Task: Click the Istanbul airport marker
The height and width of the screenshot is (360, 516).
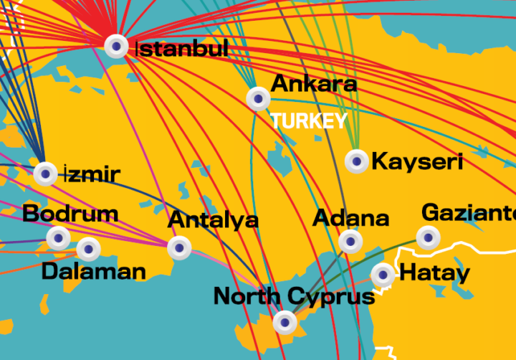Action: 117,46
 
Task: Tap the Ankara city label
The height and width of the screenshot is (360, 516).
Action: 313,83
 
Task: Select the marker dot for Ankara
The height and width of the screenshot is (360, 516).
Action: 258,98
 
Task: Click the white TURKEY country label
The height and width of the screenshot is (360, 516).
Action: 309,120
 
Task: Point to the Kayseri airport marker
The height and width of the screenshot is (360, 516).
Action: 356,161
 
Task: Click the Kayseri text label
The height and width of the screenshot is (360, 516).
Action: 417,161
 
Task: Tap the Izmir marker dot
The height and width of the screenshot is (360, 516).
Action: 46,174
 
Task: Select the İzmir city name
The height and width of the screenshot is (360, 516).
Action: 92,174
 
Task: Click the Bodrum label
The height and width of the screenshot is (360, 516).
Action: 70,213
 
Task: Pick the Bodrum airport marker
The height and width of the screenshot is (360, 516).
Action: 58,237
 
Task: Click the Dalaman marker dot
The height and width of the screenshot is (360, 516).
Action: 88,249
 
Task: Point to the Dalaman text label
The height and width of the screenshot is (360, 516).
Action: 94,271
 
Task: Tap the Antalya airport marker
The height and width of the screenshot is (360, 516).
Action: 179,248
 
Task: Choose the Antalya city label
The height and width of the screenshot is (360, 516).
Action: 213,219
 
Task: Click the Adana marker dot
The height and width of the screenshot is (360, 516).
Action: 350,241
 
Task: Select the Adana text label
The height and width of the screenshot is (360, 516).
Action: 351,217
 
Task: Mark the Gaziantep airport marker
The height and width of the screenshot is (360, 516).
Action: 428,237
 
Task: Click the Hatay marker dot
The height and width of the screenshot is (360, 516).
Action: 383,273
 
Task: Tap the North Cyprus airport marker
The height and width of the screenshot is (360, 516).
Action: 285,323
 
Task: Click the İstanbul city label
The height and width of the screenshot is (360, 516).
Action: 182,49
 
